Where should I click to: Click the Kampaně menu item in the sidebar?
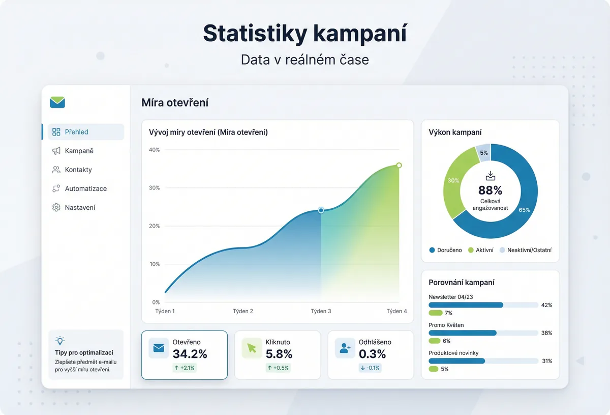point(79,151)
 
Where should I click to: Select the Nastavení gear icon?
point(56,208)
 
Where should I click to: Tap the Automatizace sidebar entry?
point(85,188)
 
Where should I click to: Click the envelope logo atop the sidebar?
point(57,102)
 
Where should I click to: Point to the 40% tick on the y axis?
point(155,150)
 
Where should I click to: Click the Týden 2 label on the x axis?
point(243,311)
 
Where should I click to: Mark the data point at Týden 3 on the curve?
point(321,210)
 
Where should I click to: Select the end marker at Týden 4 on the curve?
point(399,165)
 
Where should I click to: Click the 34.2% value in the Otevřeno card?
point(190,354)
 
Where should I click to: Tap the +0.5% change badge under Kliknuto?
point(278,368)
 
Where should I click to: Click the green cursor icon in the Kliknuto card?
point(252,348)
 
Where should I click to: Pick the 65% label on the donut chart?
point(525,210)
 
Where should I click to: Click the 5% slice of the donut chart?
point(483,153)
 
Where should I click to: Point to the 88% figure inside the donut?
point(490,190)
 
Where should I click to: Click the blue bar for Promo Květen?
point(463,333)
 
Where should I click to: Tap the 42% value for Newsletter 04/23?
point(546,305)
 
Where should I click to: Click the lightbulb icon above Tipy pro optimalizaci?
point(60,341)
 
